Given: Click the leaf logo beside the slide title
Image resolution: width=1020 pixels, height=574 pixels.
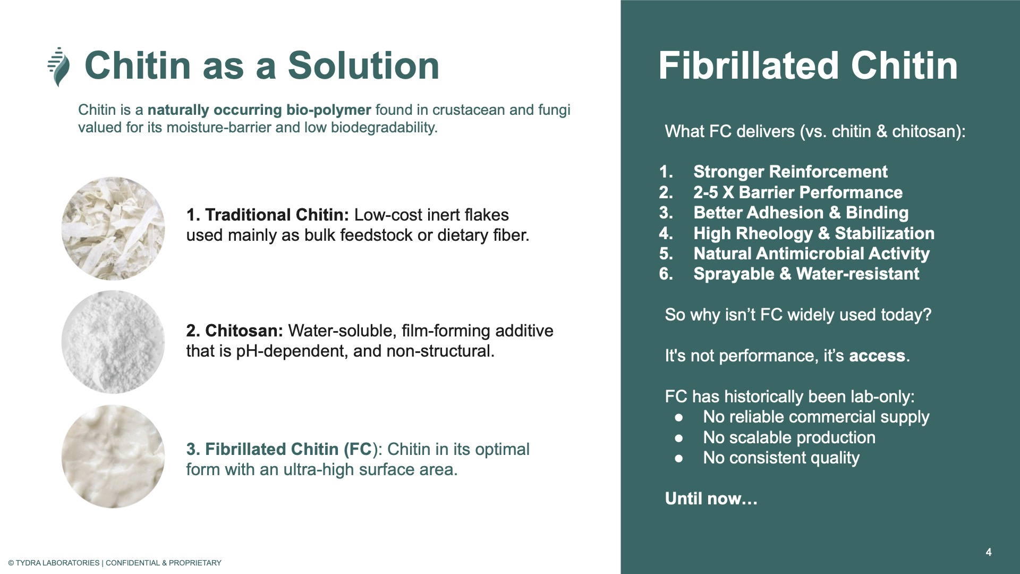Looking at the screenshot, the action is coord(59,66).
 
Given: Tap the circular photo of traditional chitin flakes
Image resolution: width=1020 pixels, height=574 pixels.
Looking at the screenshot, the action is coord(113,229).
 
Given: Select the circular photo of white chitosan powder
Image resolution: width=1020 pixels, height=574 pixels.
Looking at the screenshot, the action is coord(113,342).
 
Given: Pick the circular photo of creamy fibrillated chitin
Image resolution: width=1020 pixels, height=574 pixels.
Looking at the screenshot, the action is coord(113,457).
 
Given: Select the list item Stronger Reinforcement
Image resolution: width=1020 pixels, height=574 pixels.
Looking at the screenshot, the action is coord(790,172).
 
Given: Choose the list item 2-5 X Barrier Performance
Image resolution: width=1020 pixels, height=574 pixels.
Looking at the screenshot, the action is coord(798,192).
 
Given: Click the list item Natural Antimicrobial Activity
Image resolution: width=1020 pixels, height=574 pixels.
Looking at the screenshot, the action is coord(811,254).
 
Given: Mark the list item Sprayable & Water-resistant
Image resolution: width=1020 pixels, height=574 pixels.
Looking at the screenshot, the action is coord(806,274).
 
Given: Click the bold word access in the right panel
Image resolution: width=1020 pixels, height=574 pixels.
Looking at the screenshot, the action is coord(877,356).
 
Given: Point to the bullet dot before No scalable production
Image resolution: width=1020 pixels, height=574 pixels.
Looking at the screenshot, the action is coord(679,438).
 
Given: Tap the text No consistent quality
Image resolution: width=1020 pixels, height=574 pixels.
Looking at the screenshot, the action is coord(781,458).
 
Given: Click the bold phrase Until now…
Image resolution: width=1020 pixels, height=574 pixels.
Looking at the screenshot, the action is coord(711,499).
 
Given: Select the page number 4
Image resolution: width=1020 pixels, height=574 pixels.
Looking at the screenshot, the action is coord(989,552).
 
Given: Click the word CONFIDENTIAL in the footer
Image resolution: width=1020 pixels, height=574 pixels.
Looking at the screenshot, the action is coord(133,563).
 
